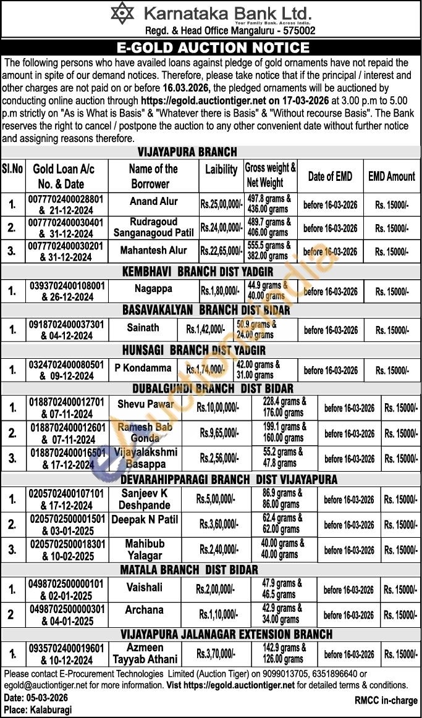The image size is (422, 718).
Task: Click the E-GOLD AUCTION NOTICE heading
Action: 213,48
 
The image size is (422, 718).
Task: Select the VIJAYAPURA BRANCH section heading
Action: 187,152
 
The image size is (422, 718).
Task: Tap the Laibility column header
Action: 221,169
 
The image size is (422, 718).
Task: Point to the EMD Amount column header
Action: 392,177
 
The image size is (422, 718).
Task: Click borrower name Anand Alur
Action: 153,201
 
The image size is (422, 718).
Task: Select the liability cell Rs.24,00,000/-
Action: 221,228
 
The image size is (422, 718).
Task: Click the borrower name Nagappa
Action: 153,288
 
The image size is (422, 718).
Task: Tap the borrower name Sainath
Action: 143,327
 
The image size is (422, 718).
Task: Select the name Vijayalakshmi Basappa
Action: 146,457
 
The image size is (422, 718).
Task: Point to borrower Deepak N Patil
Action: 145,520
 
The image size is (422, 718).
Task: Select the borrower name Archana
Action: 144,610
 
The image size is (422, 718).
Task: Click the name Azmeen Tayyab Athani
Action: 145,653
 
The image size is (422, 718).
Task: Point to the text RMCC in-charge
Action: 386,700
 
